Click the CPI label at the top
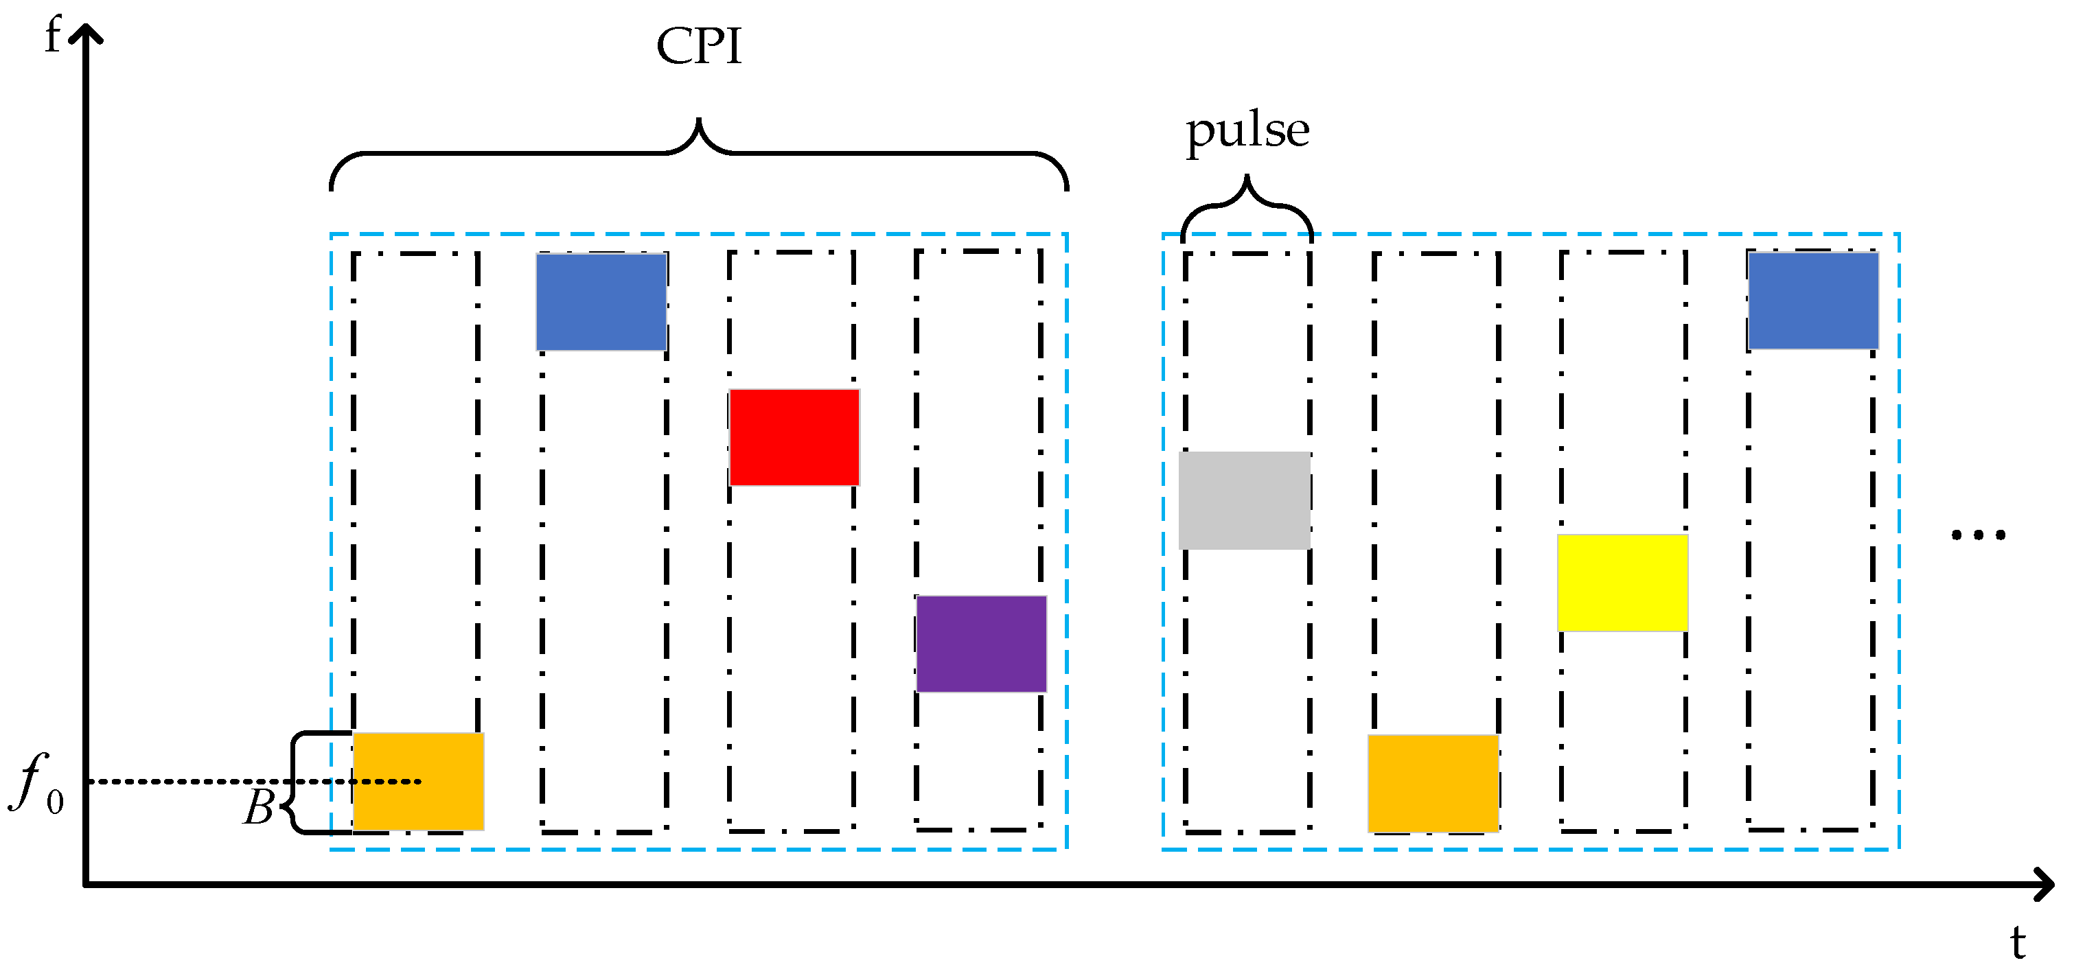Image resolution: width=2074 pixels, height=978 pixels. tap(698, 47)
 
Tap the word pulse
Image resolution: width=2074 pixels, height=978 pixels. tap(1247, 131)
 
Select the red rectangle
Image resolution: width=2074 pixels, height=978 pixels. tap(794, 437)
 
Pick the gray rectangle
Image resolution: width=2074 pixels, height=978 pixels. tap(1244, 500)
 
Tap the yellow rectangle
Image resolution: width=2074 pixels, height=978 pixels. tap(1622, 582)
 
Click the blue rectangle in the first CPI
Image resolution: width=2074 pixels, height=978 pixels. tap(601, 302)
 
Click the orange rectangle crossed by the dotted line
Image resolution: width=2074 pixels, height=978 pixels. tap(418, 781)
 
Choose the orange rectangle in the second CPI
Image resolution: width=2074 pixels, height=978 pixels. tap(1432, 782)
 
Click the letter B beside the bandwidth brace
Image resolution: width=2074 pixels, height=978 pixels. tap(260, 807)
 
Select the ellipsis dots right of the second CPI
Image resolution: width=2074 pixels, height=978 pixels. tap(1978, 535)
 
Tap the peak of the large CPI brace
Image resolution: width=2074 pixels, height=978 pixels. tap(699, 121)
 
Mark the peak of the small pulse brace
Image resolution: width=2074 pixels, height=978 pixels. tap(1247, 177)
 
